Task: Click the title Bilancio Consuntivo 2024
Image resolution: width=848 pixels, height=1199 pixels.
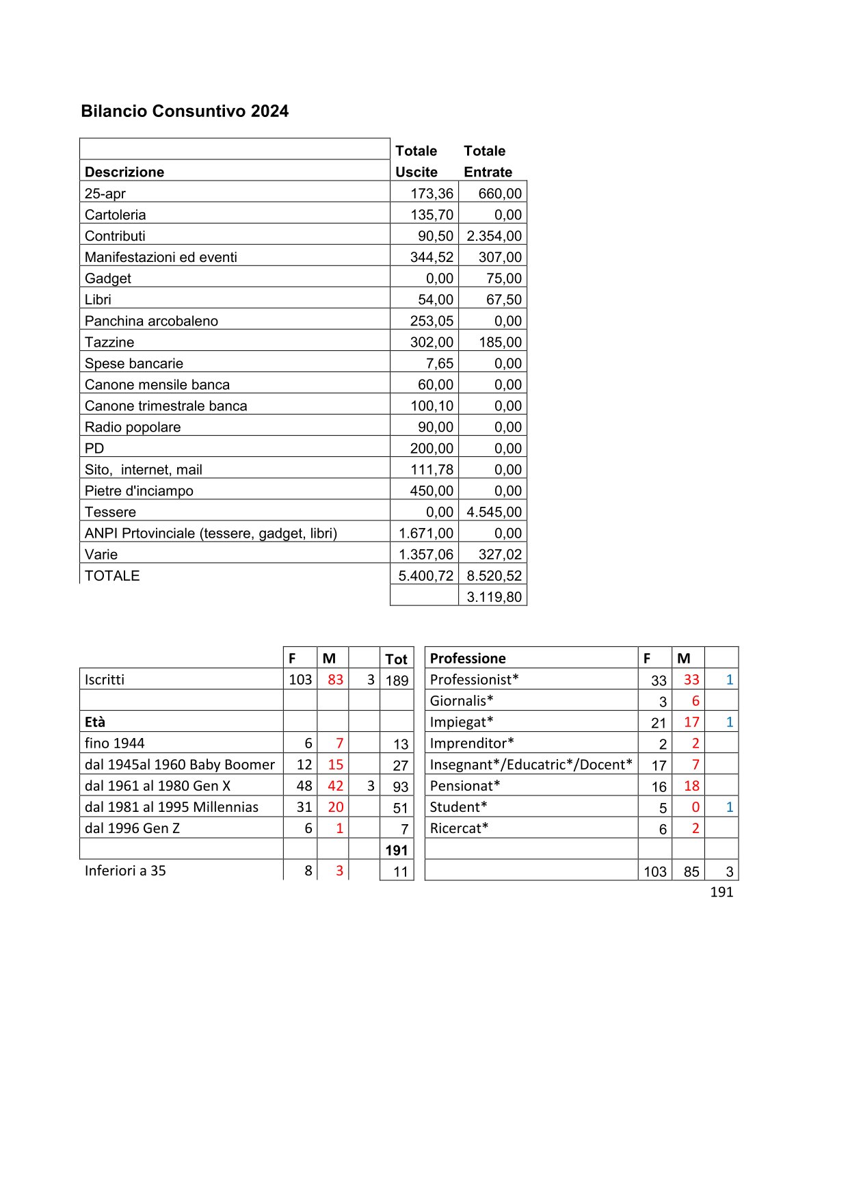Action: [185, 111]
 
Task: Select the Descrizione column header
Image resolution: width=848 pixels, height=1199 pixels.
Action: [124, 172]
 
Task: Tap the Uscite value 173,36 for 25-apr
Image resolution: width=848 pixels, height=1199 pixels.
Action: [432, 194]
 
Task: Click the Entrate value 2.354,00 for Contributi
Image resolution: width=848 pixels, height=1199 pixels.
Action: [494, 236]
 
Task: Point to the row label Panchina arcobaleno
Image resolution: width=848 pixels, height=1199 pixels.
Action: [151, 321]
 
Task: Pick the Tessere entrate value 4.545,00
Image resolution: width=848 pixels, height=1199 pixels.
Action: [494, 512]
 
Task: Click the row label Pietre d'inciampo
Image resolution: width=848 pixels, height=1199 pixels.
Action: [139, 490]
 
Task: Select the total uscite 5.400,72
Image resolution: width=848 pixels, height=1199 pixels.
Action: [425, 576]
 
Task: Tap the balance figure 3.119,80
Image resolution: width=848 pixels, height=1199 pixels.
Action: [494, 597]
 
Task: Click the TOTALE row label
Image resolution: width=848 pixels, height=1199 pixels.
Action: [112, 576]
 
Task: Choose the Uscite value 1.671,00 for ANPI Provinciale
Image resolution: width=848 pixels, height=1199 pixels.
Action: [425, 533]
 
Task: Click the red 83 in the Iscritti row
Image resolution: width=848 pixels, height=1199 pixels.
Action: [335, 680]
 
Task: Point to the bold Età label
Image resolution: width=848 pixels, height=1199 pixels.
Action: [95, 722]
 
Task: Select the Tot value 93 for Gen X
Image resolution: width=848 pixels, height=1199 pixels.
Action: [400, 787]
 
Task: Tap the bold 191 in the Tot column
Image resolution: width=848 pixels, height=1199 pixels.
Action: [397, 850]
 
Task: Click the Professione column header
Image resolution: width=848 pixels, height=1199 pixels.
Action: [468, 659]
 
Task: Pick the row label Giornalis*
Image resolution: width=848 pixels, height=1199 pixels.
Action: [462, 701]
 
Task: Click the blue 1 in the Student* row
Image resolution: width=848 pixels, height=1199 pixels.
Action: [729, 807]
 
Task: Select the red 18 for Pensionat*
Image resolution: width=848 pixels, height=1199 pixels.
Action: [691, 786]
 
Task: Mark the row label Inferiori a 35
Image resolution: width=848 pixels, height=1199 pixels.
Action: [125, 871]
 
